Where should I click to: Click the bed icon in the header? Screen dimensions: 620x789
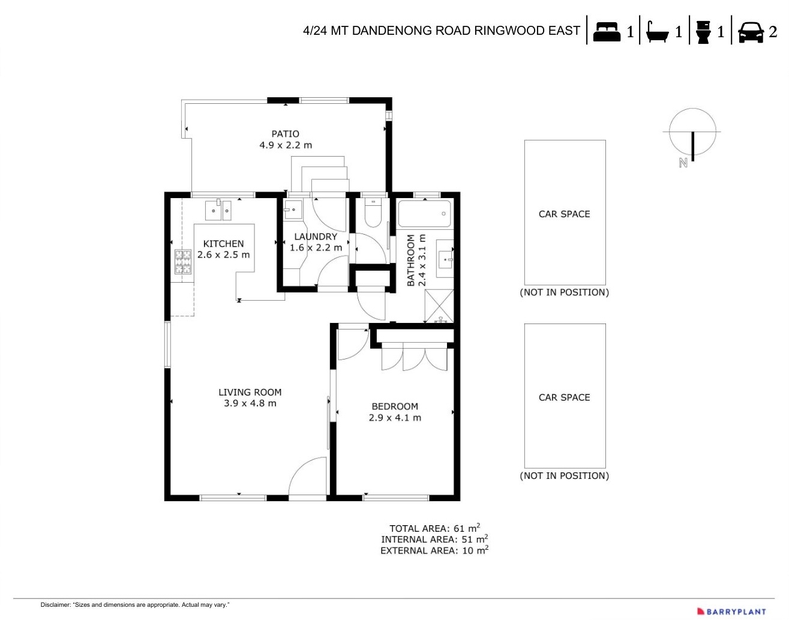(607, 31)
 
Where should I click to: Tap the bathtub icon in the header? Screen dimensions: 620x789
(657, 31)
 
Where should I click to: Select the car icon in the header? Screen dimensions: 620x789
(750, 32)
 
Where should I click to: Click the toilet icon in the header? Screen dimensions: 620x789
(703, 31)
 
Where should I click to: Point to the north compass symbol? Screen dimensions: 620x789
(692, 133)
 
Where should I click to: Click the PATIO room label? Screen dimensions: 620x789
(285, 134)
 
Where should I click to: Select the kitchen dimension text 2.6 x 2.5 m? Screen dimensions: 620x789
(223, 254)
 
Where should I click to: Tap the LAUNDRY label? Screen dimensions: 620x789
(316, 236)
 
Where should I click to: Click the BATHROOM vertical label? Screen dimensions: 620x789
(411, 260)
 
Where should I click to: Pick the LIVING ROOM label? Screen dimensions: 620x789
(250, 393)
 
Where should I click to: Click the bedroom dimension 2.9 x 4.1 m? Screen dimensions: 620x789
(395, 418)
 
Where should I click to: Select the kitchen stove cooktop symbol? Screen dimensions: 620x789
(183, 262)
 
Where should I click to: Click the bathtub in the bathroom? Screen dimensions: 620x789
(424, 214)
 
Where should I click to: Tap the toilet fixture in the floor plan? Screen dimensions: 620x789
(373, 214)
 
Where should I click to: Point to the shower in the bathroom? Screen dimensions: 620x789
(439, 306)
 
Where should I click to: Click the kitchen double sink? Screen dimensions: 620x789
(218, 211)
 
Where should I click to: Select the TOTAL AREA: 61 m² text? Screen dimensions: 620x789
(434, 528)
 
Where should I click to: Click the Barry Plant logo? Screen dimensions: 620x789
(731, 612)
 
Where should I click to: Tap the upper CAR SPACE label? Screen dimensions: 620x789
(564, 214)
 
